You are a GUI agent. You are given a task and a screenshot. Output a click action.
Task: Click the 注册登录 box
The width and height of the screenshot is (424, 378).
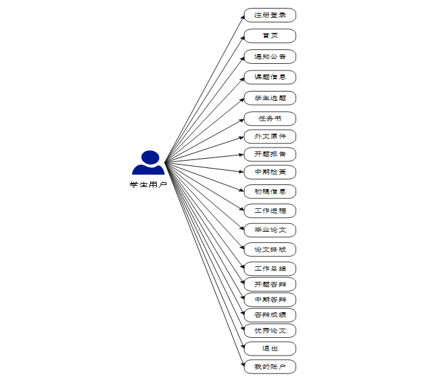point(270,15)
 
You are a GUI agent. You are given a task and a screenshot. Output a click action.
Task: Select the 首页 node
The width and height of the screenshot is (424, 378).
point(270,36)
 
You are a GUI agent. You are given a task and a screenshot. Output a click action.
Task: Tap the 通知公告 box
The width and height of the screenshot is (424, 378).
point(270,57)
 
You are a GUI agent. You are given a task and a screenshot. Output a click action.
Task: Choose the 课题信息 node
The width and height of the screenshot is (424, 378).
point(270,77)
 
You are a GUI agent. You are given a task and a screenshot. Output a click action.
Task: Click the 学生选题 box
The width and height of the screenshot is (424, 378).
point(270,98)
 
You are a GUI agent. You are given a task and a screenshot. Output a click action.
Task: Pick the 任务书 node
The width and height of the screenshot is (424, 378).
point(270,119)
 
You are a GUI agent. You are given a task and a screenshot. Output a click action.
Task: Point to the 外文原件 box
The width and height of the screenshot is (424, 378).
point(270,136)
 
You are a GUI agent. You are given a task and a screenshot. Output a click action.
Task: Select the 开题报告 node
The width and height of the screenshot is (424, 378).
point(270,154)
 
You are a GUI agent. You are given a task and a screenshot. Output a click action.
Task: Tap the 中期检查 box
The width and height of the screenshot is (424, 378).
point(270,172)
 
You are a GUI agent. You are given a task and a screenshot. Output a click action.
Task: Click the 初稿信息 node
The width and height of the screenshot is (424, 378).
point(270,192)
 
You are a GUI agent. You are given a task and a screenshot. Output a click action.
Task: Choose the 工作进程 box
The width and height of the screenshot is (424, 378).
point(270,211)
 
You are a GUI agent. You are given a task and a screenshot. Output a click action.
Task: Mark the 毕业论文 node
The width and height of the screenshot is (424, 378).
point(270,230)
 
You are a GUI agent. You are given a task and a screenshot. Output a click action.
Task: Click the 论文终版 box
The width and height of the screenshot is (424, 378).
point(270,250)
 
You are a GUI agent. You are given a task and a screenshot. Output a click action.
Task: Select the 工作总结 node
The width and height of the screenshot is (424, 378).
point(270,269)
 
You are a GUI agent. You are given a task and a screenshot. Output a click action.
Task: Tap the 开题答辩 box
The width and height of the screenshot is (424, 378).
point(270,284)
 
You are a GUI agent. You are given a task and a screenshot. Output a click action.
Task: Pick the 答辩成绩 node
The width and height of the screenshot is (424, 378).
point(270,315)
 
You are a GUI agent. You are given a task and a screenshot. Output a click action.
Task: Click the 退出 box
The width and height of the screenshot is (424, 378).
point(270,348)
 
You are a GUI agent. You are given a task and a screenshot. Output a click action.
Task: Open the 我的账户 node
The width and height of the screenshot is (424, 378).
point(270,366)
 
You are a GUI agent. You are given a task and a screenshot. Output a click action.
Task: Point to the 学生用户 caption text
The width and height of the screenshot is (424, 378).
point(148,185)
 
